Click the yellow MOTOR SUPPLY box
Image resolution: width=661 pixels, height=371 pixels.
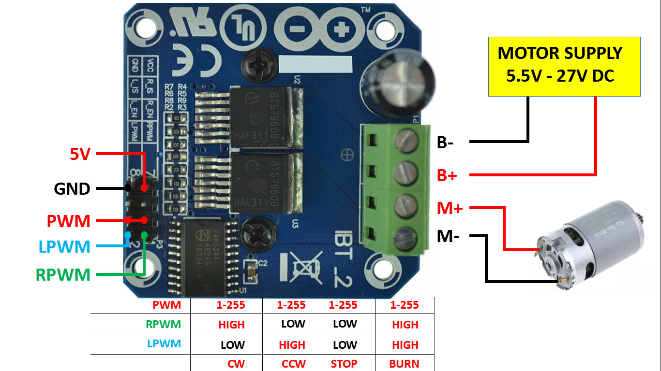point(564,67)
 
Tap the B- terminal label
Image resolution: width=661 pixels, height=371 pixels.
point(446,143)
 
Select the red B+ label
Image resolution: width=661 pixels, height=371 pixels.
point(447,175)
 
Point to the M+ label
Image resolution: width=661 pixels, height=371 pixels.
point(450,208)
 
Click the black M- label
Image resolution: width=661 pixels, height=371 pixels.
point(448,237)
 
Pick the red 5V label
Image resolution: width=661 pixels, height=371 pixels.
point(80,155)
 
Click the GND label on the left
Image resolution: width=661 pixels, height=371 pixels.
point(72,188)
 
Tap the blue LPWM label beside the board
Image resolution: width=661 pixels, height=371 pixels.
point(65,247)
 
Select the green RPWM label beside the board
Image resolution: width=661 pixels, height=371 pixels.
point(63,275)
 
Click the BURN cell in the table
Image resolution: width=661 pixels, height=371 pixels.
point(404,364)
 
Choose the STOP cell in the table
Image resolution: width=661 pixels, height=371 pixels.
point(344,364)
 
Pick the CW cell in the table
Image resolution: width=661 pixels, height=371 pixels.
point(236,364)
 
